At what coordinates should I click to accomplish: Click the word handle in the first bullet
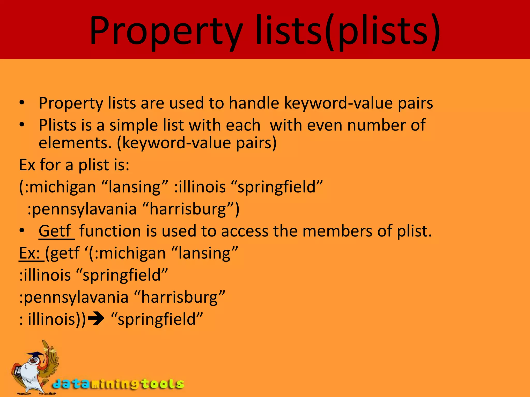[x=254, y=103]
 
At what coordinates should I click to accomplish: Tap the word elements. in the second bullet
[x=75, y=143]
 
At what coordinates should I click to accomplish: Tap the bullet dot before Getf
[x=22, y=230]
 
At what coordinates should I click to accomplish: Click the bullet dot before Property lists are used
[x=22, y=103]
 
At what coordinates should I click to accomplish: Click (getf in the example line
[x=62, y=253]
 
